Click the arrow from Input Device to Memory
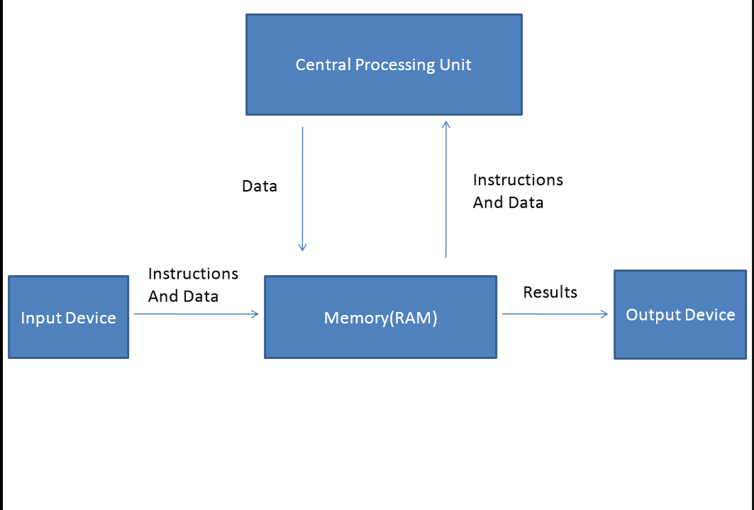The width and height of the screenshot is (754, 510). click(196, 314)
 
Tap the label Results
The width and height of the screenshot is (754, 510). click(550, 292)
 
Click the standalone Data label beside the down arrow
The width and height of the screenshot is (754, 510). click(260, 187)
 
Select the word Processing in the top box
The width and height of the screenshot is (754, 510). click(394, 65)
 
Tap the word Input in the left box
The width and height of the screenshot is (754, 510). click(37, 318)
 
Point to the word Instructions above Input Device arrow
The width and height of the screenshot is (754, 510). click(193, 274)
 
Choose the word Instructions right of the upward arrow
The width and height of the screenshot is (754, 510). click(518, 180)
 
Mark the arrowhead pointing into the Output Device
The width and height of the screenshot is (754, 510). click(605, 314)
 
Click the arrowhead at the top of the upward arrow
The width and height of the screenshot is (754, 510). click(446, 125)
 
